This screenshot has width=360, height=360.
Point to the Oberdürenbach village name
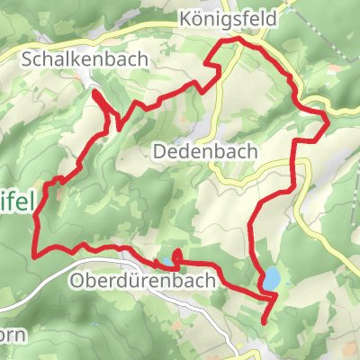[x=142, y=281]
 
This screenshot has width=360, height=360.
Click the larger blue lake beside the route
[x=269, y=278]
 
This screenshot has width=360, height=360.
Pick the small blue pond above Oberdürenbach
[x=167, y=262]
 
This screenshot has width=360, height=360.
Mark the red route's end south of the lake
[x=264, y=321]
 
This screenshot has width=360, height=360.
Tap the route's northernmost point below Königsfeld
[x=238, y=40]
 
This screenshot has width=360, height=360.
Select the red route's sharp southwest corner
[x=36, y=254]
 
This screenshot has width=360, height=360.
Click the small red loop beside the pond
[x=175, y=258]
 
